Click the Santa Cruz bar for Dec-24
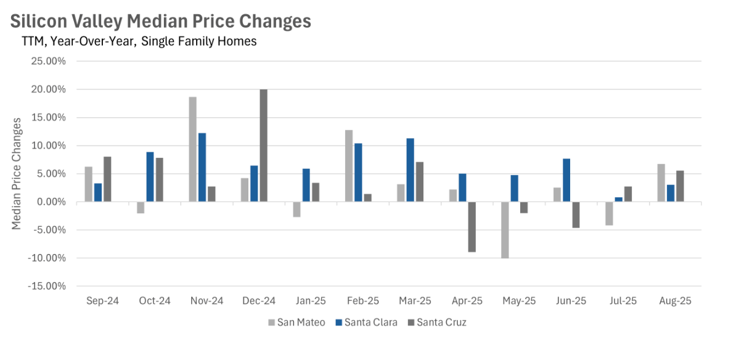264,145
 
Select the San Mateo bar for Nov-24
193,149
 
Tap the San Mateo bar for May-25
505,230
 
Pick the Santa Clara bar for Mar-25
410,170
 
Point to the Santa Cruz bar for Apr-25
472,227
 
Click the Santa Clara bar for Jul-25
619,200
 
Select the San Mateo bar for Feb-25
349,166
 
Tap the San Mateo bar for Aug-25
661,183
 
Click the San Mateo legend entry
297,322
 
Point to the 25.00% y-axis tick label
49,62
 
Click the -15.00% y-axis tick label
47,286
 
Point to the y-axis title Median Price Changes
17,174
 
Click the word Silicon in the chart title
39,21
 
